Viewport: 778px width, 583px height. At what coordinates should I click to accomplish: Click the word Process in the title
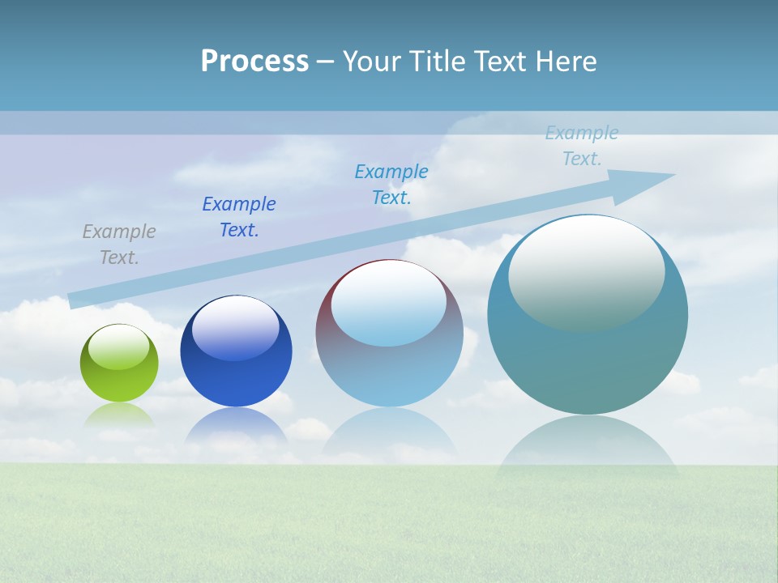coord(254,62)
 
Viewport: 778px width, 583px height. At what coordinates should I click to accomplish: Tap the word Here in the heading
coord(567,62)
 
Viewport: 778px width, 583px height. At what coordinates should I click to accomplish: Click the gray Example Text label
coord(119,245)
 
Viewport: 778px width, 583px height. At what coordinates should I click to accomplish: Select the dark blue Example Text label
coord(239,217)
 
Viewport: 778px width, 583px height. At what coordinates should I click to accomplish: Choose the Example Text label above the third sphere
coord(391,185)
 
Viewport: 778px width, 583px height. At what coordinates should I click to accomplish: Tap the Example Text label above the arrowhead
coord(582,146)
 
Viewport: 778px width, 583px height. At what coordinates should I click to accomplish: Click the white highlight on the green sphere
coord(119,347)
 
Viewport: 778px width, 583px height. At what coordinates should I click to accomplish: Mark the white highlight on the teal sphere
coord(586,273)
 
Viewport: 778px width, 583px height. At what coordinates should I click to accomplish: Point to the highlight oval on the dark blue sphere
coord(236,327)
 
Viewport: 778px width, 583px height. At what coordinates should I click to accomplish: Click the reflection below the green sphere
coord(119,415)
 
